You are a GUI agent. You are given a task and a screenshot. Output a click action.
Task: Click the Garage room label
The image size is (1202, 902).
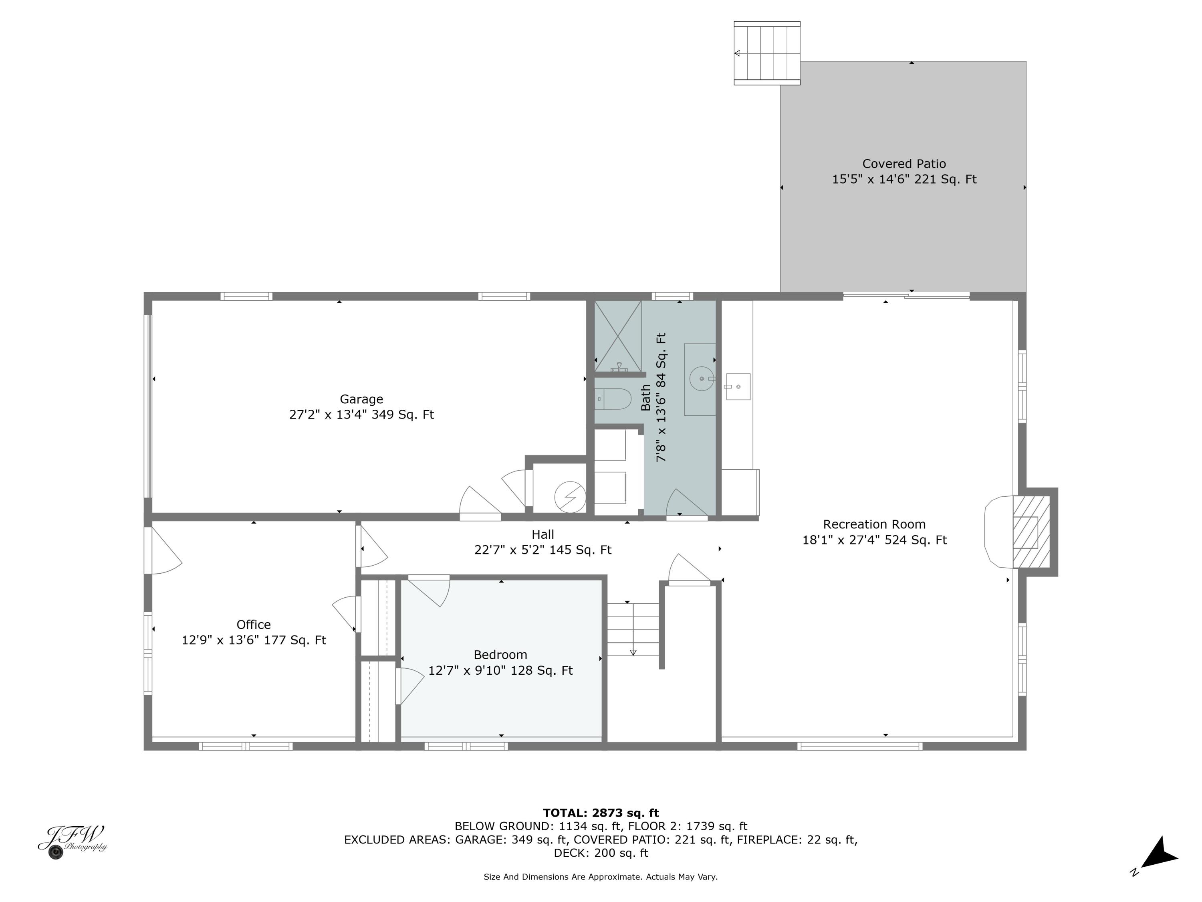tap(361, 399)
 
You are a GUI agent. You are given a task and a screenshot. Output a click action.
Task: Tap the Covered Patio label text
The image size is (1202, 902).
tap(904, 164)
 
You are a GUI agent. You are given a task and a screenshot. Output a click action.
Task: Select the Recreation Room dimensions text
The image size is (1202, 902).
tap(874, 540)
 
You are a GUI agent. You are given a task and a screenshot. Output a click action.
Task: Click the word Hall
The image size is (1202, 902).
tap(543, 534)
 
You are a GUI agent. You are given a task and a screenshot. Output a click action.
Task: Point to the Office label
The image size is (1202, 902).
tap(253, 624)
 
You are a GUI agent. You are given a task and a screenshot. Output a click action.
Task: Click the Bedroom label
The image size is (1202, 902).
tap(500, 655)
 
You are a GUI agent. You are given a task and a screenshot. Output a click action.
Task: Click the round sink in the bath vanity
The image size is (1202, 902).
tap(702, 378)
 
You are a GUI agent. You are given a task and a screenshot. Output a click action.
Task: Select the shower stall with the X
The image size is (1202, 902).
tap(617, 336)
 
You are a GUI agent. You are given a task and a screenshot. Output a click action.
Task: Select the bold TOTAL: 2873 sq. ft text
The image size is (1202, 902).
tap(601, 813)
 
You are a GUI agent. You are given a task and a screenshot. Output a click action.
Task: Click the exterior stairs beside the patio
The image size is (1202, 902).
tap(767, 53)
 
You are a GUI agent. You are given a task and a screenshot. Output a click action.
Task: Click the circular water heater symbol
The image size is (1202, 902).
tap(569, 496)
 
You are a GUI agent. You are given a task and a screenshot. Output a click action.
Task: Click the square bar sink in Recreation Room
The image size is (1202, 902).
tap(738, 386)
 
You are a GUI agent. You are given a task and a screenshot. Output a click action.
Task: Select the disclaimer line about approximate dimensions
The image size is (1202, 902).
tap(601, 876)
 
